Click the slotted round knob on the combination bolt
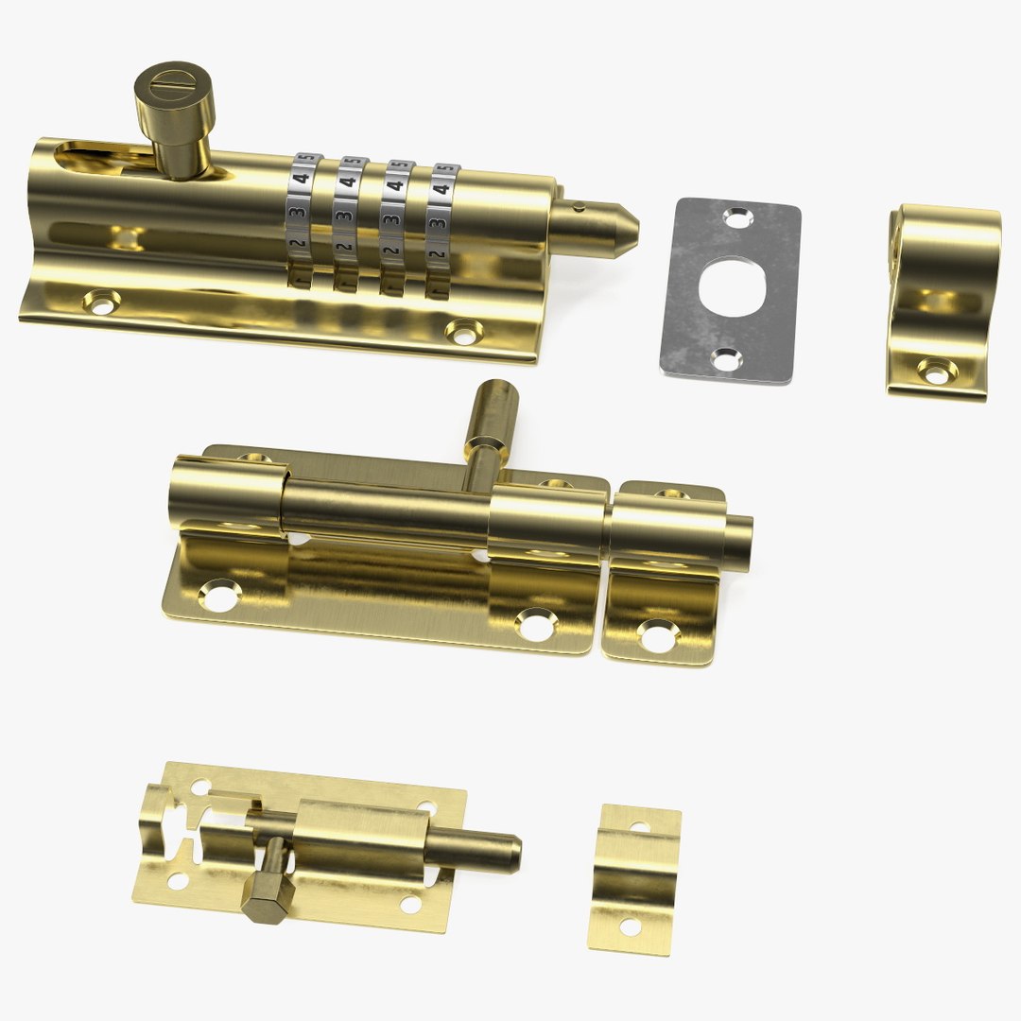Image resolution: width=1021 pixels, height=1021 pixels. (x=175, y=99)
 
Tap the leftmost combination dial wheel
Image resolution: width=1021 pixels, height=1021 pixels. (x=303, y=222)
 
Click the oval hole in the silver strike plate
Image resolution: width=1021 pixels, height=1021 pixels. (x=729, y=285)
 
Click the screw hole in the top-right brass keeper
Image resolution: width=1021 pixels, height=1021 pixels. (x=935, y=374)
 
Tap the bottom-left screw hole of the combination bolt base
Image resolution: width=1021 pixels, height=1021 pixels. (x=99, y=303)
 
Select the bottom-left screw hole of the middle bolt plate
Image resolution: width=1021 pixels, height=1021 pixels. (x=219, y=596)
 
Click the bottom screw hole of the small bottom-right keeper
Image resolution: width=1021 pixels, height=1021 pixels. (x=630, y=926)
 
